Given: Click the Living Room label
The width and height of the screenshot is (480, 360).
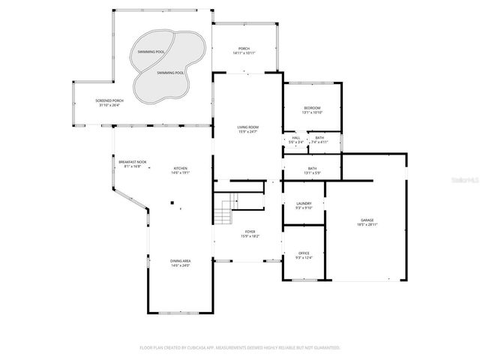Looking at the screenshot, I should (x=247, y=127).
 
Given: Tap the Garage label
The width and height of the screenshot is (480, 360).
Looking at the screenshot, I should (x=367, y=220).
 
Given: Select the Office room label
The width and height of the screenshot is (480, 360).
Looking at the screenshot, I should (x=304, y=253).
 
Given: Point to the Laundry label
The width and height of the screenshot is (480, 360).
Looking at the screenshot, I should (x=304, y=204).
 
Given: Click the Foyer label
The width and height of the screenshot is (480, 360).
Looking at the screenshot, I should (x=250, y=232).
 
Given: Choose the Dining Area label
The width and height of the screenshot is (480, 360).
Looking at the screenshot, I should (x=181, y=261).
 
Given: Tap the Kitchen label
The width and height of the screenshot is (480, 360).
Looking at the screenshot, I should (x=181, y=168).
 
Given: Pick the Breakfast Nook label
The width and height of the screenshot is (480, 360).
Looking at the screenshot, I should (x=132, y=162).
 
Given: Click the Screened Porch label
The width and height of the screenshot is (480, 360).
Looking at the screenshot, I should (x=109, y=100).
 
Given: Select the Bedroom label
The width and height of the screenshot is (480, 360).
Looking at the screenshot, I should (x=312, y=109).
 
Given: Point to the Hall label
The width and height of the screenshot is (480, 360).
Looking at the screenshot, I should (x=295, y=138).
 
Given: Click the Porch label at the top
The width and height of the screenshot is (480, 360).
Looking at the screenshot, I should (x=244, y=49).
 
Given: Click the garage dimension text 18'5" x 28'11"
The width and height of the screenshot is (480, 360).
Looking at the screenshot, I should (x=367, y=225).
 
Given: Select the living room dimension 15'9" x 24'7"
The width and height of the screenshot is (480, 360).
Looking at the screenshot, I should (x=247, y=133).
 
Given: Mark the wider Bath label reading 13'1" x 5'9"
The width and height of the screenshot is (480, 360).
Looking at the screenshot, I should (x=312, y=171).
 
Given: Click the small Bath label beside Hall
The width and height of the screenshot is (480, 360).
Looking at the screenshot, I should (x=319, y=138).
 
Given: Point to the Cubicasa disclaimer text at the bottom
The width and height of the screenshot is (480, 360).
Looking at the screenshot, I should (x=240, y=347).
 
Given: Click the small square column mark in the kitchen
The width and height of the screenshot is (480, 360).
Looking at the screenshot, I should (x=171, y=202).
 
